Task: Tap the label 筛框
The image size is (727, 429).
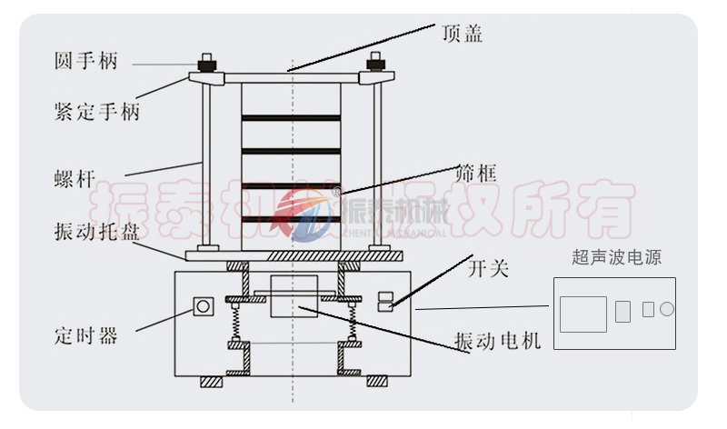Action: point(476,172)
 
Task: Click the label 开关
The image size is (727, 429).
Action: point(487,269)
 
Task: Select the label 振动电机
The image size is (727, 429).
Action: point(498,342)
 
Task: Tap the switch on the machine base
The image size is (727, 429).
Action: point(385,302)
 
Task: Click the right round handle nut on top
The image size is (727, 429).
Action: point(373,65)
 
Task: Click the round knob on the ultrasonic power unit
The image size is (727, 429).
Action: point(666,309)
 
